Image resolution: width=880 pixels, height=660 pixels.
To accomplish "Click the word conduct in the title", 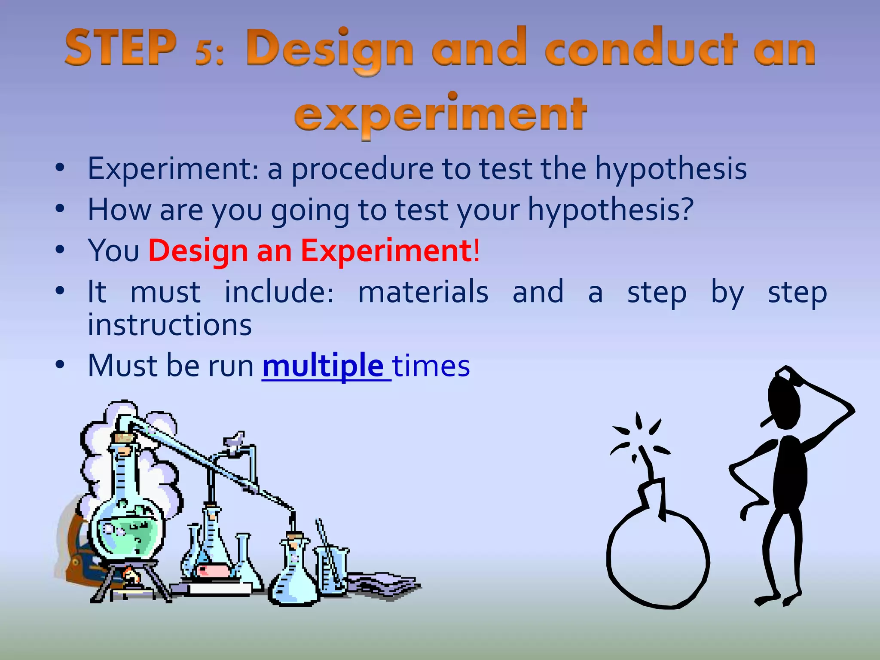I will tap(641, 48).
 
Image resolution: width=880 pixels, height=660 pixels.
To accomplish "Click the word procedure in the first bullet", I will tap(363, 169).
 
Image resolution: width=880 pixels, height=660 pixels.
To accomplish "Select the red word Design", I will tap(198, 251).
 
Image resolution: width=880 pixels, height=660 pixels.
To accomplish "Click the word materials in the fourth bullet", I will tap(423, 291).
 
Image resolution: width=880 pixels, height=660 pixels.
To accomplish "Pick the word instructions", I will tap(170, 324).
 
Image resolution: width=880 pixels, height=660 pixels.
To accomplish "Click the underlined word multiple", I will tap(323, 366).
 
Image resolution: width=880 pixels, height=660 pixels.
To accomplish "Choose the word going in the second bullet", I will tap(310, 211).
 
